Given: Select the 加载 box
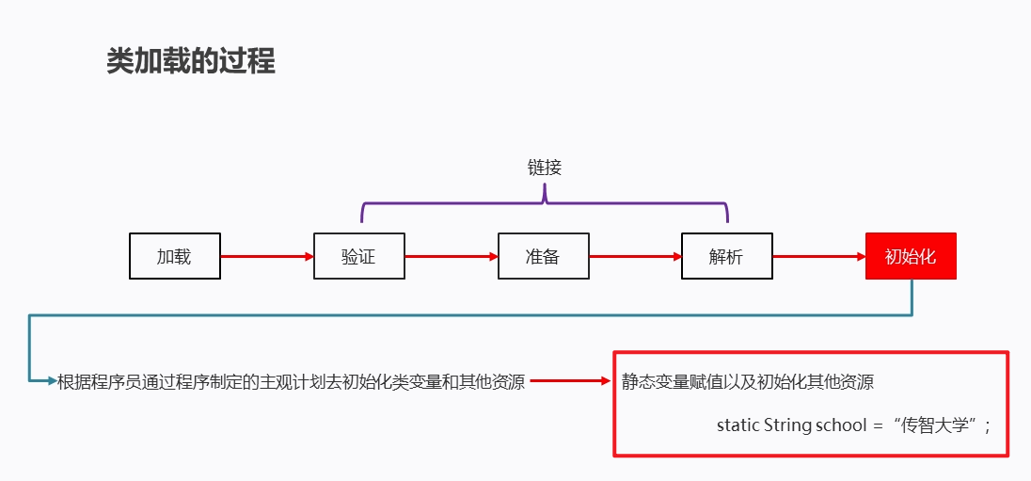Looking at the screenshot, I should [x=174, y=256].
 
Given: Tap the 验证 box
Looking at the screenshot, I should [x=358, y=256].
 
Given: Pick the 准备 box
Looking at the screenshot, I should [x=543, y=256].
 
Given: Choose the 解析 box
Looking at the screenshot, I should [x=726, y=256].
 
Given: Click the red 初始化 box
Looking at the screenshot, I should [x=911, y=256].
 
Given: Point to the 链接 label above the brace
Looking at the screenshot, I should [x=544, y=168].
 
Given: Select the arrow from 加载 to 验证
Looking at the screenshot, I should [x=266, y=256].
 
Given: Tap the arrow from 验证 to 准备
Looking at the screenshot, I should [x=451, y=256].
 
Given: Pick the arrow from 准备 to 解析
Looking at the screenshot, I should [x=635, y=256].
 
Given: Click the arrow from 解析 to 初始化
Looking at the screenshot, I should [x=818, y=256].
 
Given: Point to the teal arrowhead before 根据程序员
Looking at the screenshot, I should [x=51, y=381].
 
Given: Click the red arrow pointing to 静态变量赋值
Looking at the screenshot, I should [x=571, y=381].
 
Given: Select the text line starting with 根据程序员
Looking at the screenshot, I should [x=291, y=381].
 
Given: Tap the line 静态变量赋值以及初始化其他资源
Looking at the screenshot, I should [x=747, y=382].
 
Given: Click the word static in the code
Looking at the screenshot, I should [x=738, y=425].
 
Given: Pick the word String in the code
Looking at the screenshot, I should [x=787, y=425].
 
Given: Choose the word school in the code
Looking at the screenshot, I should [x=841, y=425].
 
